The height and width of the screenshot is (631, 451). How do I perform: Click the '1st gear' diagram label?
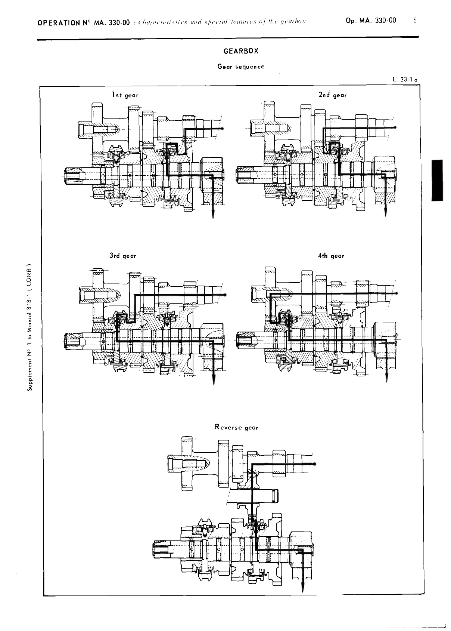(125, 95)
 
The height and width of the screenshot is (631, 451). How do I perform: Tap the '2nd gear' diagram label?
(332, 95)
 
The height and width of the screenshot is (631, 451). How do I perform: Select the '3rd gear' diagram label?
(123, 256)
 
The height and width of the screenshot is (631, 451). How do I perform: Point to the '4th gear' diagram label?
(331, 256)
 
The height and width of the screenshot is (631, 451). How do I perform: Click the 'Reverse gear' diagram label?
(236, 427)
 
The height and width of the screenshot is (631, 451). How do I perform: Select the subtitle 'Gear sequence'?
(241, 67)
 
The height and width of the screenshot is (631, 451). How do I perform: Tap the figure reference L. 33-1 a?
(405, 80)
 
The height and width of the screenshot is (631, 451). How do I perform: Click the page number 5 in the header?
(415, 21)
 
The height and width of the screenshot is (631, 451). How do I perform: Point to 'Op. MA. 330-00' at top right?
(371, 21)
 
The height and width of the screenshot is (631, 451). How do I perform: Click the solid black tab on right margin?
(437, 180)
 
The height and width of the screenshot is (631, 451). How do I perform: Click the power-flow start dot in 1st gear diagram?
(223, 129)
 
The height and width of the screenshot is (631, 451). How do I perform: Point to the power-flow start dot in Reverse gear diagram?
(315, 464)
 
